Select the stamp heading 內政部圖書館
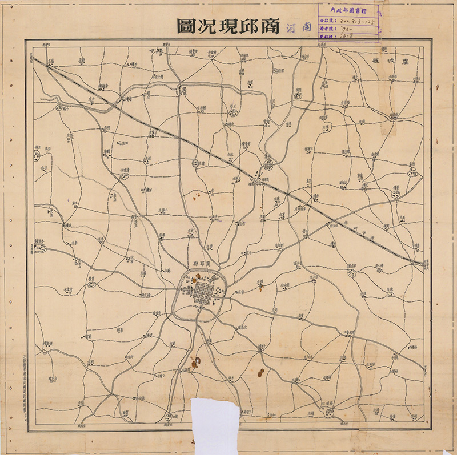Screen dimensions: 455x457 coord(348,10)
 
